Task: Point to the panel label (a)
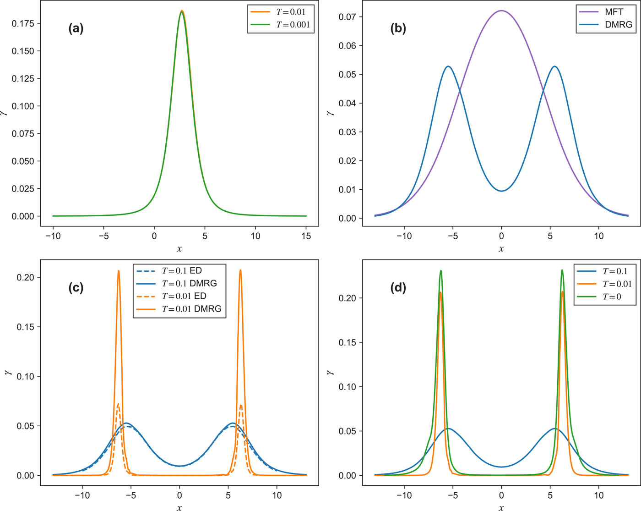pos(76,28)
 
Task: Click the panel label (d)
pos(398,288)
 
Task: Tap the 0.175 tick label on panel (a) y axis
pos(23,23)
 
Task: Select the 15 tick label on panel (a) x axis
pos(306,236)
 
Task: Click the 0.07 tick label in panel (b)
pos(348,17)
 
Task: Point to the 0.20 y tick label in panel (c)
pos(26,277)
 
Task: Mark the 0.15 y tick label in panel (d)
pos(348,342)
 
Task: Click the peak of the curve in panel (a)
pos(182,11)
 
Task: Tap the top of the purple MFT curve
pos(501,11)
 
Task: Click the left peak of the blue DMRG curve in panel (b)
pos(448,66)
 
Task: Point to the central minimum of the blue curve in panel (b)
pos(501,191)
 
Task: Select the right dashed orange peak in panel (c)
pos(241,405)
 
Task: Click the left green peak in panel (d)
pos(440,270)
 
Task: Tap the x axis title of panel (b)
pos(501,249)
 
